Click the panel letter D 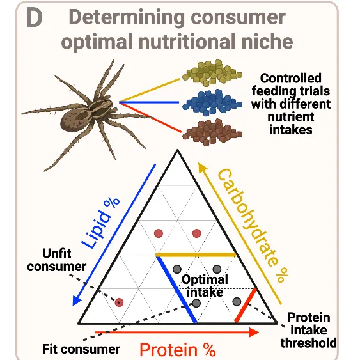34,18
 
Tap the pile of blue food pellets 212,103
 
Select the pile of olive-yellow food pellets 212,73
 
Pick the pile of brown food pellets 212,132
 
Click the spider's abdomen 74,120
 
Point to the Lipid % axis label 100,223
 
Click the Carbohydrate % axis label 253,225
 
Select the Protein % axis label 178,350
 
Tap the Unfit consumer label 57,260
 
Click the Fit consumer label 81,349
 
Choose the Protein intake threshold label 309,330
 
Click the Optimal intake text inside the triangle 205,286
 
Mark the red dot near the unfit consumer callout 119,302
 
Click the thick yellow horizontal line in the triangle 196,254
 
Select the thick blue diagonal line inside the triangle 176,289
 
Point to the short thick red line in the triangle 246,306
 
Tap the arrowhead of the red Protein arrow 254,332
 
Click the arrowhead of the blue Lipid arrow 77,300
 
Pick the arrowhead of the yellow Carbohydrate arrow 202,167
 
